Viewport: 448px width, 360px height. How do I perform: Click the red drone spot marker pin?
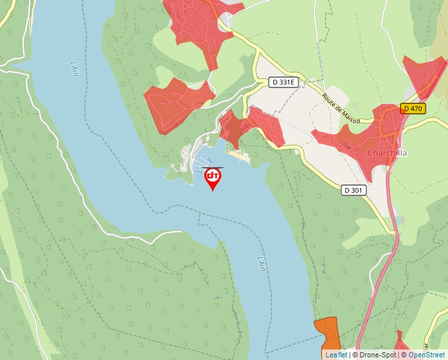[213, 177]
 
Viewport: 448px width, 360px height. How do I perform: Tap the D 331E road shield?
[285, 82]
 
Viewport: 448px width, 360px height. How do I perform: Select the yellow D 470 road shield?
[413, 109]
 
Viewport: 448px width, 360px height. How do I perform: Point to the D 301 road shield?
[353, 190]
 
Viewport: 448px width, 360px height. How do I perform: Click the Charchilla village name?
[387, 153]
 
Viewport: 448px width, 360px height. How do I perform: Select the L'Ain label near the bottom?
[261, 263]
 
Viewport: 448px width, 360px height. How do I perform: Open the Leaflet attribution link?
[336, 355]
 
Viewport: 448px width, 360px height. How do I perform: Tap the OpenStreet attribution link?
[426, 355]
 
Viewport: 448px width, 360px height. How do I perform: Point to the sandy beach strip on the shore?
[240, 155]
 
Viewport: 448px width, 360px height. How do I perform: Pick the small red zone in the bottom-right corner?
[400, 345]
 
